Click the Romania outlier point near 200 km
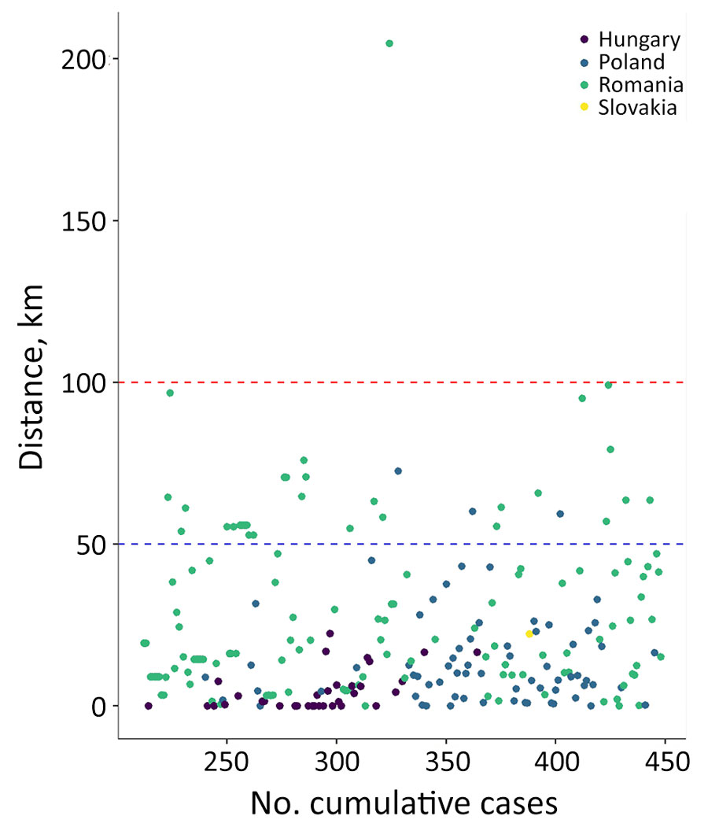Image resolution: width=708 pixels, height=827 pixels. click(389, 43)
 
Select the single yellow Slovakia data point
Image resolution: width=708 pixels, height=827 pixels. click(529, 634)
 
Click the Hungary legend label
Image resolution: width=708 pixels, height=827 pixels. click(639, 39)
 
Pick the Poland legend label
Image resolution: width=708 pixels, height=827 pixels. click(631, 62)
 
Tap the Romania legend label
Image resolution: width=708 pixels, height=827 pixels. click(640, 85)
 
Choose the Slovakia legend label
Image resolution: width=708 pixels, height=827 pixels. click(637, 109)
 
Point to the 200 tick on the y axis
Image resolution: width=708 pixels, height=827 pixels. click(85, 59)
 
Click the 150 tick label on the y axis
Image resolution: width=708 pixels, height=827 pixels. click(85, 221)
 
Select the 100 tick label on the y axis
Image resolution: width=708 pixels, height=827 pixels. click(85, 382)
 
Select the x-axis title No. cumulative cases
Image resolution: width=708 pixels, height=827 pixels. click(404, 803)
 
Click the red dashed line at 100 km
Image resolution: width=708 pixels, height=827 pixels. click(472, 382)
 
